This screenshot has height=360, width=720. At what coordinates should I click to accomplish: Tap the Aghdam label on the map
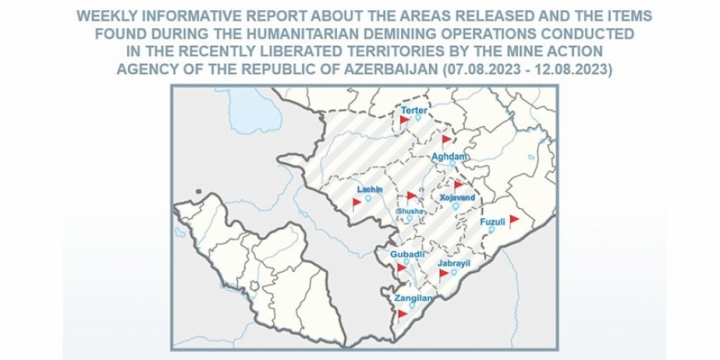(x=449, y=158)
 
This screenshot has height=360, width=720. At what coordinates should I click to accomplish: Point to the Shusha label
(x=411, y=211)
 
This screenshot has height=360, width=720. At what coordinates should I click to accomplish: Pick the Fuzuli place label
(x=493, y=221)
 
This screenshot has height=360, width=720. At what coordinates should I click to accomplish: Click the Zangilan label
(x=412, y=297)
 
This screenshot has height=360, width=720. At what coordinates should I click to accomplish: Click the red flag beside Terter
(x=405, y=120)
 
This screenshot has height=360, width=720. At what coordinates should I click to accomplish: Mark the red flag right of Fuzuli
(x=514, y=218)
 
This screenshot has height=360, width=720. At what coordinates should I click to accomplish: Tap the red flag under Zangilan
(x=404, y=313)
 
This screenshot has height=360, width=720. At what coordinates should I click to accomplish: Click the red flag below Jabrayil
(x=443, y=272)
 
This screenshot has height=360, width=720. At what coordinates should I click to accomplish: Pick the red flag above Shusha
(x=412, y=196)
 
